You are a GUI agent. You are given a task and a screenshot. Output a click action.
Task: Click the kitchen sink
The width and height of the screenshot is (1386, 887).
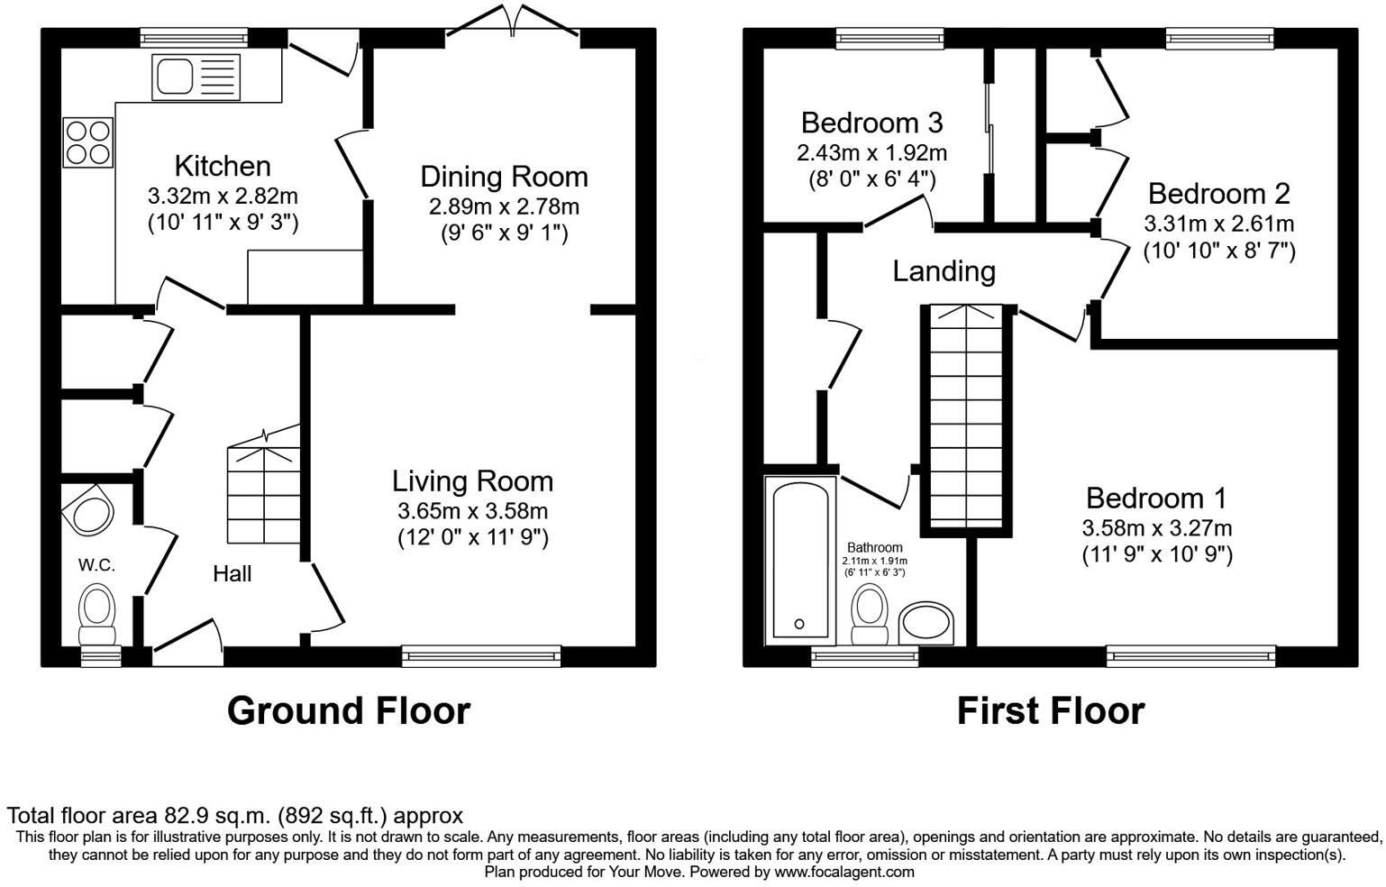click(196, 77)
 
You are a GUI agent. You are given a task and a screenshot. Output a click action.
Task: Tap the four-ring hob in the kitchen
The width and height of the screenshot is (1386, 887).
click(88, 142)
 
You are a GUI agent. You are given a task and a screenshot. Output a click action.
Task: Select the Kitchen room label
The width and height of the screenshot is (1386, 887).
click(223, 166)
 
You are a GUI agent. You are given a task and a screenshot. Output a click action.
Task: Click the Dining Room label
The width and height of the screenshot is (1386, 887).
click(504, 176)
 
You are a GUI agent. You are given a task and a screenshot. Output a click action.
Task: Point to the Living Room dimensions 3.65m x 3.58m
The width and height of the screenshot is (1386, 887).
click(472, 511)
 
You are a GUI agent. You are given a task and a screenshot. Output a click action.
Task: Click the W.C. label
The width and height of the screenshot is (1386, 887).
click(96, 565)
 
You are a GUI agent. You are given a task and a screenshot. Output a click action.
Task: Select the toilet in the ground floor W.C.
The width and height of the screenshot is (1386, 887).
click(97, 608)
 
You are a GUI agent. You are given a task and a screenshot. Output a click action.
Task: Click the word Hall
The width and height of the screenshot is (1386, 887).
click(232, 573)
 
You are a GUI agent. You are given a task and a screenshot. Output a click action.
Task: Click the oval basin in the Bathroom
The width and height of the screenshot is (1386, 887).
click(926, 623)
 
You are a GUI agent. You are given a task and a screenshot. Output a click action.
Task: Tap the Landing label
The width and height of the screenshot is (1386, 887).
click(944, 270)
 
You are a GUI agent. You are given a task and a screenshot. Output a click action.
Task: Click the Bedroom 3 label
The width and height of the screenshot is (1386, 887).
click(871, 122)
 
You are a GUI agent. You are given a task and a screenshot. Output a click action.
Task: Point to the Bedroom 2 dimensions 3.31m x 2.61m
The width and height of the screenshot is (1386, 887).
click(1218, 223)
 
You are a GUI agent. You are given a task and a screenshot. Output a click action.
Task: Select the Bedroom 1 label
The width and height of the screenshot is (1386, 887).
click(1156, 498)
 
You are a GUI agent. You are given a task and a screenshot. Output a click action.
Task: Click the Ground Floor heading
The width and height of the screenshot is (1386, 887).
click(348, 710)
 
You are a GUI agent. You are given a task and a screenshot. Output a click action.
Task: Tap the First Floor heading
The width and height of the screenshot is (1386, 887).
click(1050, 710)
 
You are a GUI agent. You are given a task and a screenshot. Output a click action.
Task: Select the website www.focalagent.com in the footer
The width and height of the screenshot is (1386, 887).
click(843, 872)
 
